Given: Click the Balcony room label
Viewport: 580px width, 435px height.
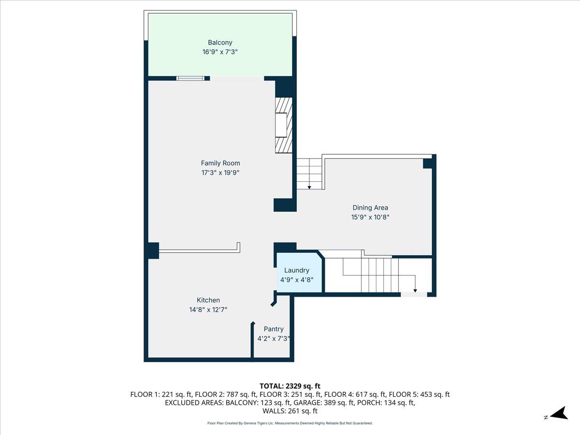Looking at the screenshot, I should [x=220, y=43].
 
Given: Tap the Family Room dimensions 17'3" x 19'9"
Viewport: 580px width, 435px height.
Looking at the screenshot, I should [x=220, y=173].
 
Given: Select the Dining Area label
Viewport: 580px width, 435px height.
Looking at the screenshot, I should [x=370, y=208].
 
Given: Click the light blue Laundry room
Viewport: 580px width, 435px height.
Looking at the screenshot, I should [x=297, y=273].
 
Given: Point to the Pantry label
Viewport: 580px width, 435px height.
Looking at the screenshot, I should [x=274, y=329].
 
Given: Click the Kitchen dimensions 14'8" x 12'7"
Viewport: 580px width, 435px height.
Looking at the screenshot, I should [x=208, y=310].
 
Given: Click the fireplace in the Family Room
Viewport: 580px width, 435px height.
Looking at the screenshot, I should [x=284, y=125].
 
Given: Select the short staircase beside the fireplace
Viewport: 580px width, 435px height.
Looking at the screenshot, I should [x=309, y=174].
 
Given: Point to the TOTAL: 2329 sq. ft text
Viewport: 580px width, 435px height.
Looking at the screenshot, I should [x=290, y=386].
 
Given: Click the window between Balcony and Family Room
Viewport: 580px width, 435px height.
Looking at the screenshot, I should [x=190, y=78].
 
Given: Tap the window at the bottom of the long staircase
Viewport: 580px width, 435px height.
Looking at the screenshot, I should [x=413, y=294].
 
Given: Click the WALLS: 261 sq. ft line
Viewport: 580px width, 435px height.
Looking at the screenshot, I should [x=290, y=411].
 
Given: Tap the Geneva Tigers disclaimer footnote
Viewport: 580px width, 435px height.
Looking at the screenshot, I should [x=290, y=423].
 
